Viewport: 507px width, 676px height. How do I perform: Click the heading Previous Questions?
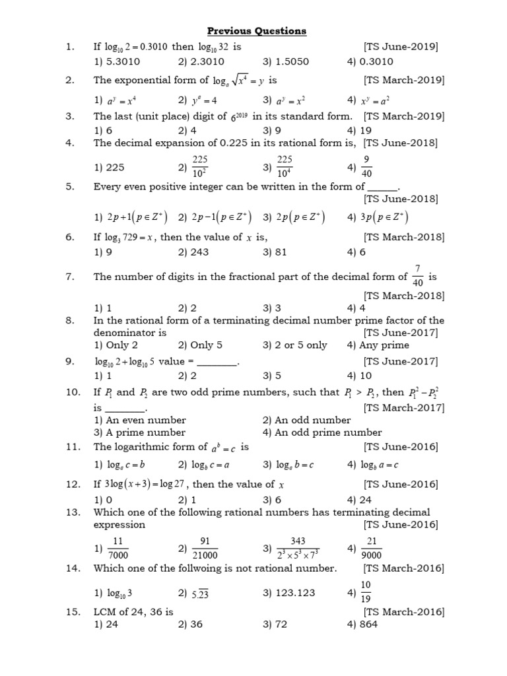point(257,30)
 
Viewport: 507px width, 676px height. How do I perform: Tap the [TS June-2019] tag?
point(401,47)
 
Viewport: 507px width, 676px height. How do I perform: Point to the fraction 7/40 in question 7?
point(417,276)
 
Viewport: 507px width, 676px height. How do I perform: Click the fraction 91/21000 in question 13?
point(205,547)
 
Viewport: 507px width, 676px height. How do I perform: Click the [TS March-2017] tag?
point(404,407)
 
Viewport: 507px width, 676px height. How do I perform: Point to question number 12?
point(73,484)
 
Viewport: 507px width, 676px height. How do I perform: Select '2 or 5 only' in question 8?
point(300,345)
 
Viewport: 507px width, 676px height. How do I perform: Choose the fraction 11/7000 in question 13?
point(120,547)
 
